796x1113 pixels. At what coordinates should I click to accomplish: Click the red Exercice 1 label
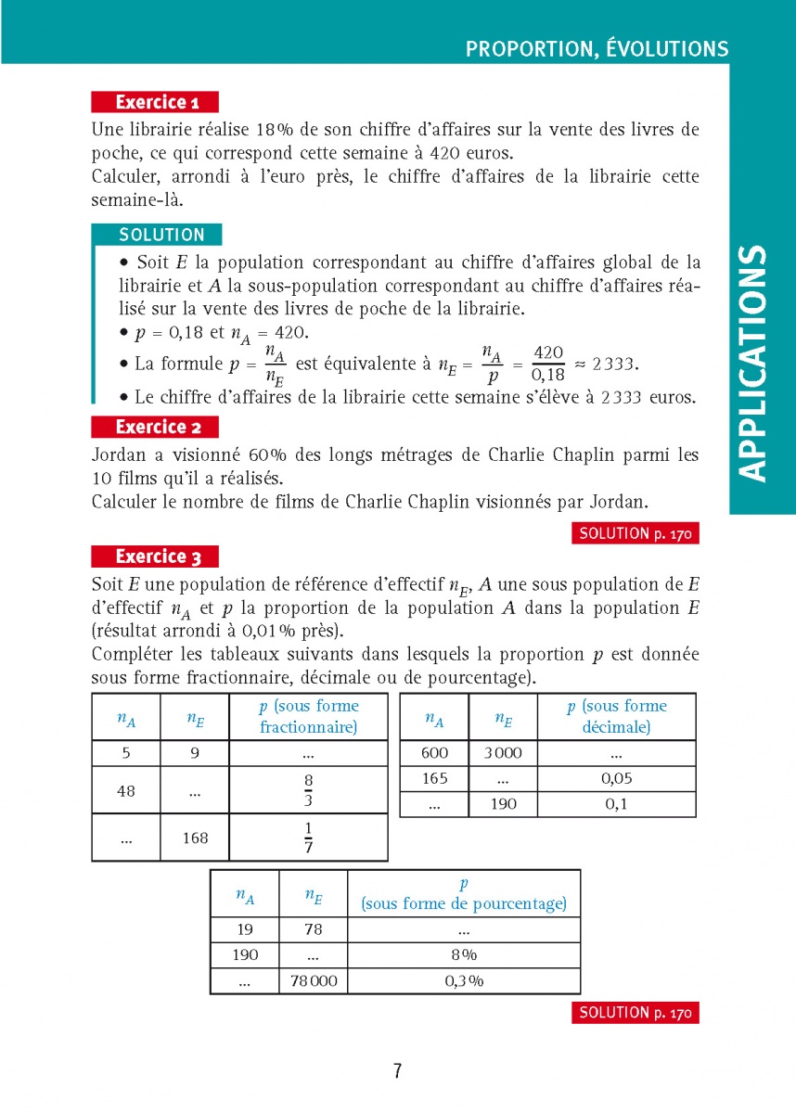coord(156,102)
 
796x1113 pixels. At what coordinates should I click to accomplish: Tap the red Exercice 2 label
coord(156,427)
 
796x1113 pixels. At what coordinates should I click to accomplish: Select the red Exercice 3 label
coord(156,556)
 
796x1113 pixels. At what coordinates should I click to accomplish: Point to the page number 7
coord(397,1071)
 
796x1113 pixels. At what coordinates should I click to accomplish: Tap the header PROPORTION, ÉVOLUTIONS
coord(597,49)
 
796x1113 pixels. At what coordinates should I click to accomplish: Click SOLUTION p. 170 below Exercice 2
coord(635,533)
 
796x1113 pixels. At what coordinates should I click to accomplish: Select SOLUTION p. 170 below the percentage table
coord(635,1013)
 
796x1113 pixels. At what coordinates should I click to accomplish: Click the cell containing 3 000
coord(503,753)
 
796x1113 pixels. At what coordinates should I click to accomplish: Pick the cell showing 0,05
coord(617,779)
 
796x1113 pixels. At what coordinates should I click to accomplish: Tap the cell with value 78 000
coord(314,981)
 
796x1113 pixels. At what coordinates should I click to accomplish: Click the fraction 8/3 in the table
coord(308,790)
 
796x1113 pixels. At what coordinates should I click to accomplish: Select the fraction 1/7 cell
coord(308,838)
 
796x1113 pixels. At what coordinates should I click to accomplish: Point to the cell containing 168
coord(195,838)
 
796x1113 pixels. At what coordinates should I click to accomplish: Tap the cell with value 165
coord(434,779)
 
